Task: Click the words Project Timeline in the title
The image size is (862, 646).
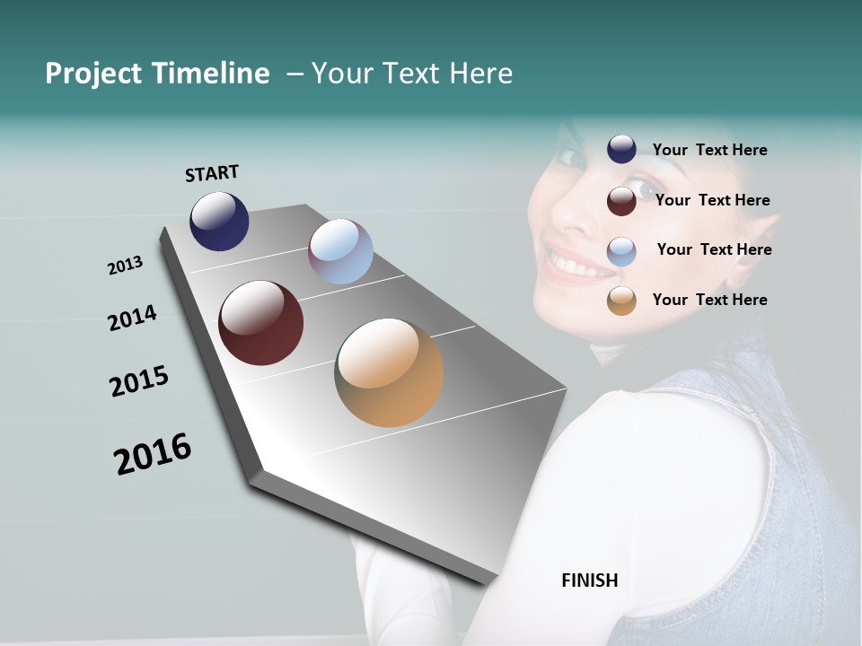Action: (x=157, y=74)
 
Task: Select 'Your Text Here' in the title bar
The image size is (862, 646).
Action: (x=412, y=74)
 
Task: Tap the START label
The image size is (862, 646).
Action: (x=212, y=173)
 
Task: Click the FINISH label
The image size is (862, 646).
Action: (x=590, y=581)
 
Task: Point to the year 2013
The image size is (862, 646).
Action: (x=125, y=266)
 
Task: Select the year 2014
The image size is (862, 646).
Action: (x=132, y=318)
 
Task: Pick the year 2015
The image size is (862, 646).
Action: (x=139, y=380)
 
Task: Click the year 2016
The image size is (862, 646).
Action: (x=153, y=454)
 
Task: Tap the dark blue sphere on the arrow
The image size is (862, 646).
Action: (x=219, y=222)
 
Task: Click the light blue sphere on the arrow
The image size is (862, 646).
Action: (x=340, y=251)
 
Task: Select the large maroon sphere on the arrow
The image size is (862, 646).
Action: (x=261, y=323)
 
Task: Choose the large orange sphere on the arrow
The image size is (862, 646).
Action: (x=389, y=372)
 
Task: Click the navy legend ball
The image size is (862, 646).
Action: (x=621, y=150)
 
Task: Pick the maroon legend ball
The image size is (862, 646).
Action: (x=621, y=201)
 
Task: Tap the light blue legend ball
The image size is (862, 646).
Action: (x=621, y=251)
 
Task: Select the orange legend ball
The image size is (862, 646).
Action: (x=621, y=301)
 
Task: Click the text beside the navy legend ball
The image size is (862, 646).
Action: (x=709, y=150)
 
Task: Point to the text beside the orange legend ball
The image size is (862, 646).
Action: (x=709, y=300)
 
